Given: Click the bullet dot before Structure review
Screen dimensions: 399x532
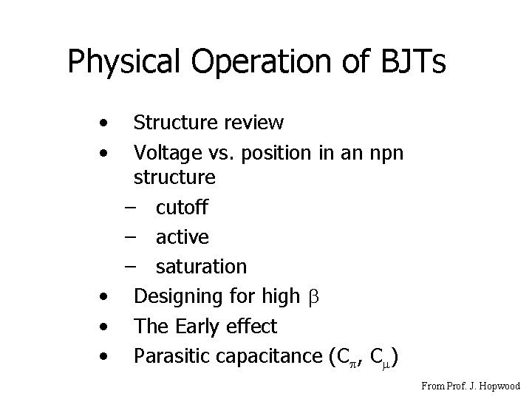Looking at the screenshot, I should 108,120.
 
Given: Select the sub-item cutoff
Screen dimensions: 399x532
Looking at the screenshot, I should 182,208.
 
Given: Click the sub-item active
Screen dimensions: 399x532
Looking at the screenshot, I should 183,237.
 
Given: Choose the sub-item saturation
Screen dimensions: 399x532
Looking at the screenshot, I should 201,267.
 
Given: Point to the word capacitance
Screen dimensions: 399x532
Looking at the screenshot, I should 268,357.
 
